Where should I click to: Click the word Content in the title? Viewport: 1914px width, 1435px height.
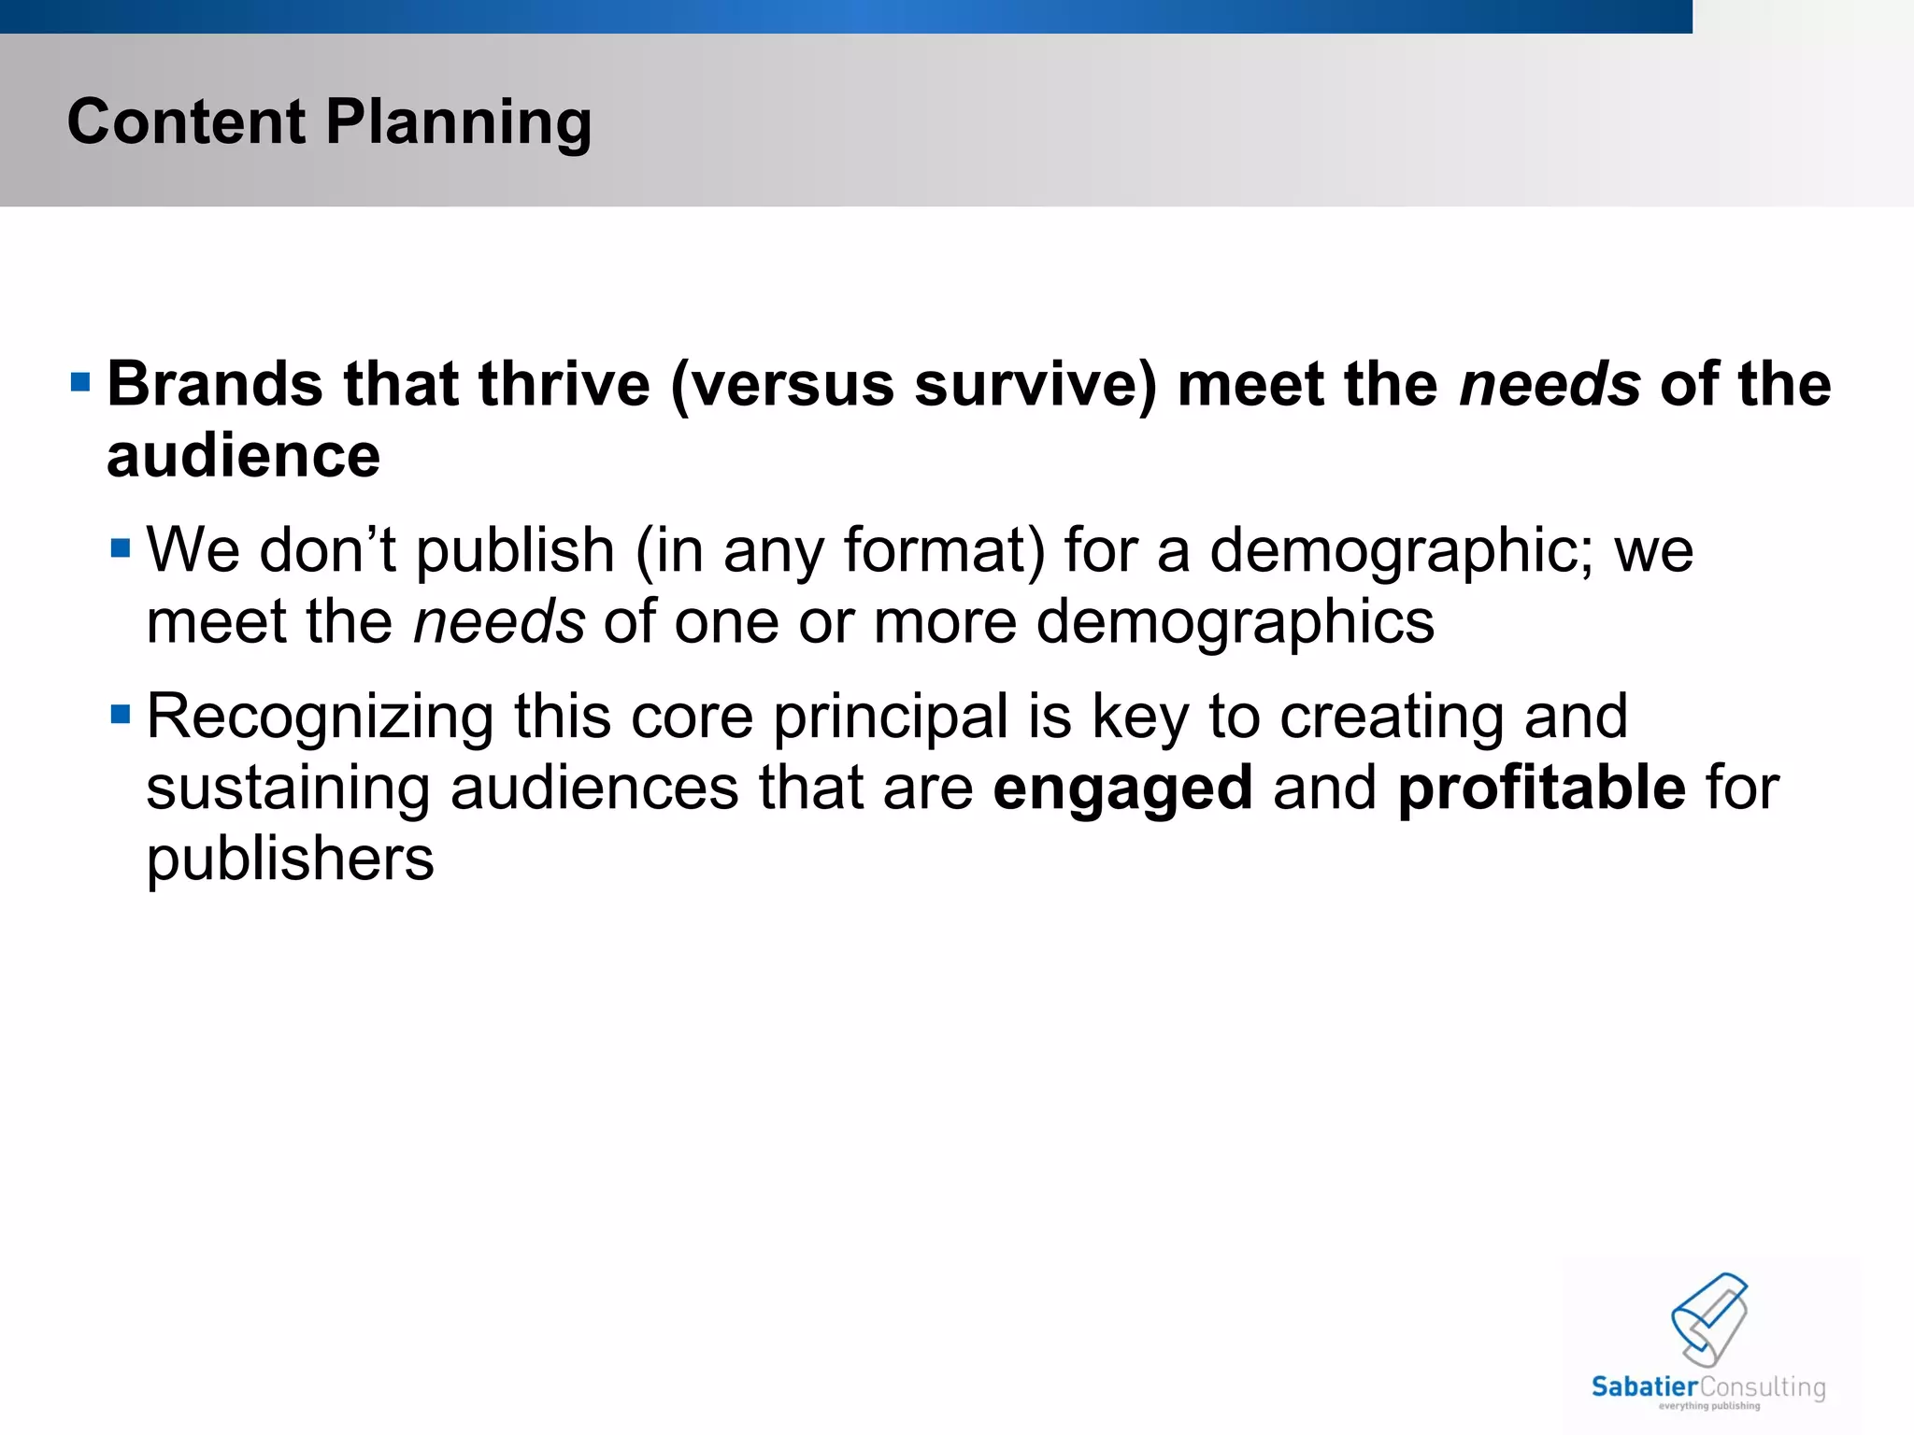(185, 121)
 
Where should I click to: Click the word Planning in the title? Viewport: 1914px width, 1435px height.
(458, 123)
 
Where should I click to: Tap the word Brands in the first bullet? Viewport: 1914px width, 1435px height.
(215, 384)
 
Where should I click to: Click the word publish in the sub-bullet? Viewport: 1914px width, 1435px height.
(515, 551)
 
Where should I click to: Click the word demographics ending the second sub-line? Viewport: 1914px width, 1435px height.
(1235, 623)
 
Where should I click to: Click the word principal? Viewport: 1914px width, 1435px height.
(891, 718)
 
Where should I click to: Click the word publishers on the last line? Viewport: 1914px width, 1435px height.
(290, 860)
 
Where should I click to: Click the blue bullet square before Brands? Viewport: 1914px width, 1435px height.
(80, 382)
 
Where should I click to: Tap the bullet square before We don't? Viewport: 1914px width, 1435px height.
(121, 547)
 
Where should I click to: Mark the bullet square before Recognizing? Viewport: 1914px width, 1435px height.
(121, 715)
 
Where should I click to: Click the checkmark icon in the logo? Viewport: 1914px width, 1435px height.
(1709, 1318)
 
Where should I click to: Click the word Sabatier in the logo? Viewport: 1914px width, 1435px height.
(1644, 1387)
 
